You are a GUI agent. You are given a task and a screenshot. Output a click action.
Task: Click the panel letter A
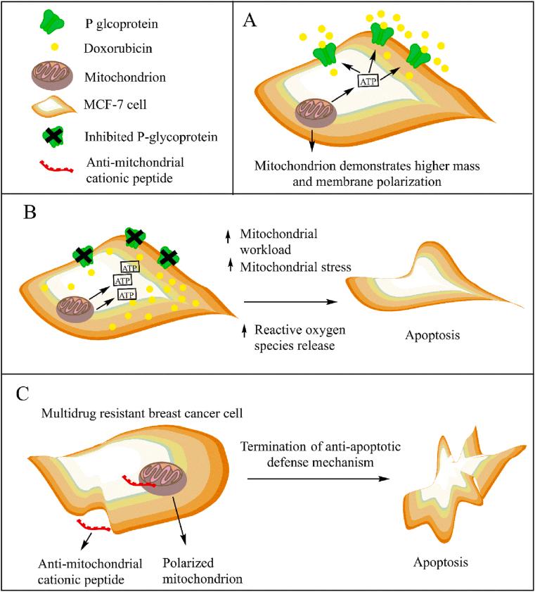[250, 20]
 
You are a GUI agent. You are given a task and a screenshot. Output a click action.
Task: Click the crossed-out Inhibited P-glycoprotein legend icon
[34, 134]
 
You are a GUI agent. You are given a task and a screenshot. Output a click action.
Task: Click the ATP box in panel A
[372, 81]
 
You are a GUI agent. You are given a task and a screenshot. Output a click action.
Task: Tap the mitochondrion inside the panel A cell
[315, 113]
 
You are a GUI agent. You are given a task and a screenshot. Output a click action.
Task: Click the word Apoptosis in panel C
[440, 563]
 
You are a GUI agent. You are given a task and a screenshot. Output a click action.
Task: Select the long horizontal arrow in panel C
[321, 479]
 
